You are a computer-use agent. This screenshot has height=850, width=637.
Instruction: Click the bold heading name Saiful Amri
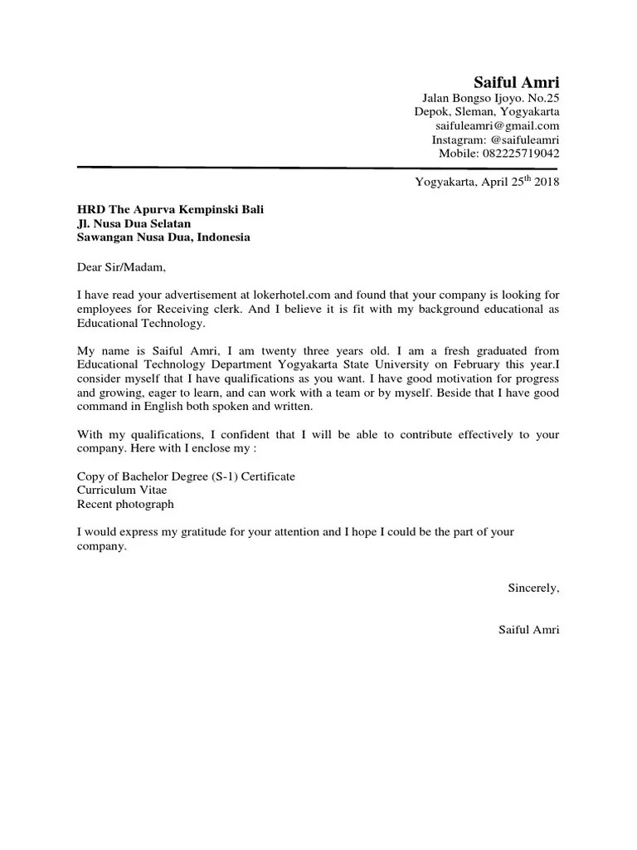[x=516, y=82]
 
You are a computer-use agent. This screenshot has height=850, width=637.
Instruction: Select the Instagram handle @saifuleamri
[x=519, y=140]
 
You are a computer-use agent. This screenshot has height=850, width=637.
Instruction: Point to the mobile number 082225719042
[x=521, y=154]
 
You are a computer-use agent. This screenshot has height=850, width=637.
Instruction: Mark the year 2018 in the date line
[x=547, y=183]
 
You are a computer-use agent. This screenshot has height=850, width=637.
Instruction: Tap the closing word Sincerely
[x=533, y=588]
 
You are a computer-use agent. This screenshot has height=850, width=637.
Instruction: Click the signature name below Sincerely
[x=528, y=630]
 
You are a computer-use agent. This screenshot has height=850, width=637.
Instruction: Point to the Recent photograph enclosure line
[x=125, y=504]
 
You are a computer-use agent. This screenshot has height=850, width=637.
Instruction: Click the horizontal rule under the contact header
[x=318, y=168]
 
